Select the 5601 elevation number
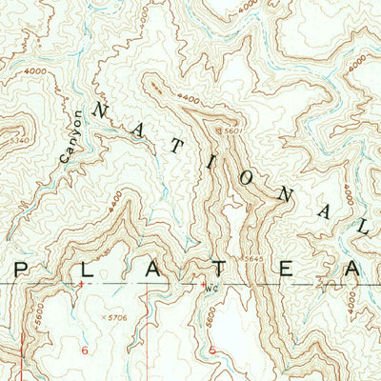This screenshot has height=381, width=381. point(231,131)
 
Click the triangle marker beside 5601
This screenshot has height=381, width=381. point(220,131)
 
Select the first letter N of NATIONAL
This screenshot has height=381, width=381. point(95,111)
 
